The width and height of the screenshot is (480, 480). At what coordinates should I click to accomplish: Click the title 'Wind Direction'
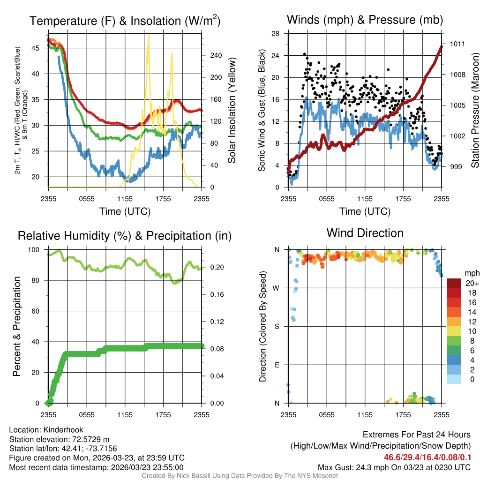coord(365,233)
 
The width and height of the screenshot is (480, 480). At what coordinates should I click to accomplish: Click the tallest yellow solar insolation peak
coord(149,36)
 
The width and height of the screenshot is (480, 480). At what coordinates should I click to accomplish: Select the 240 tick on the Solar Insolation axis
coord(216,55)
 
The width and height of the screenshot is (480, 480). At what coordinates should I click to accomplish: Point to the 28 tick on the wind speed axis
coord(275,34)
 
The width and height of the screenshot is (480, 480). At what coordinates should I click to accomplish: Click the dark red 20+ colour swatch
coord(454,283)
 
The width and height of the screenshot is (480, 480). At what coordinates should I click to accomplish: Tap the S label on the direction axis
coord(277,326)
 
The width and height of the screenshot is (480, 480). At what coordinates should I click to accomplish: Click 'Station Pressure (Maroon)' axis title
coord(475,111)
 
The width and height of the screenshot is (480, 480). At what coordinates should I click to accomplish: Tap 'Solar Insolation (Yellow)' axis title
coord(232,111)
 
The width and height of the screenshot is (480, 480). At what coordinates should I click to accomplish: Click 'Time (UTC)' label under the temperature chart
coord(125,211)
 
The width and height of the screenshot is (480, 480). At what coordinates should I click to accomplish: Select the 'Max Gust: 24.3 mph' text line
coord(394,467)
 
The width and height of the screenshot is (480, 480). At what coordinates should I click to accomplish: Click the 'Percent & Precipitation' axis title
coord(17,326)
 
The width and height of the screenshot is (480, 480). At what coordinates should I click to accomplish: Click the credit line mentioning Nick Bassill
coord(240,476)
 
